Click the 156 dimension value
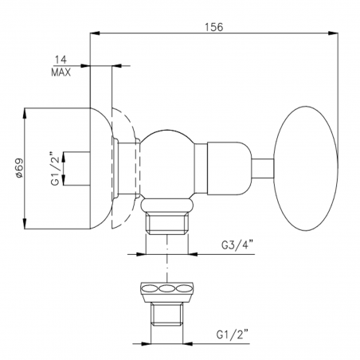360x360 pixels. pos(213,25)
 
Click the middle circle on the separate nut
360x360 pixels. pos(167,289)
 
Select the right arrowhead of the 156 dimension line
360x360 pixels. pos(338,33)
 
